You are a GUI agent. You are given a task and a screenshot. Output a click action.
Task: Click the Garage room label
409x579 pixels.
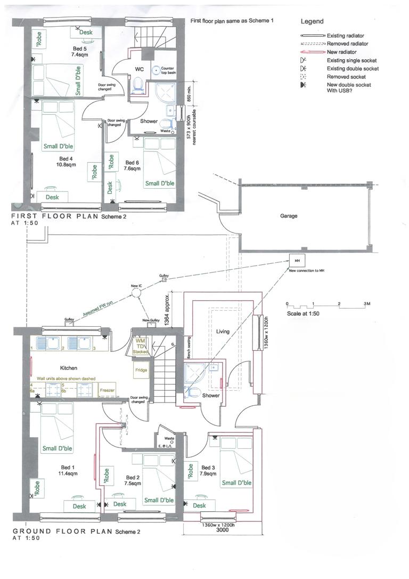289,216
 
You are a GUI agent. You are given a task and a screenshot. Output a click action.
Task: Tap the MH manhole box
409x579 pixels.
296,261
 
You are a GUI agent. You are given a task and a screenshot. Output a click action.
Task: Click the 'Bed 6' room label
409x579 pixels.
133,163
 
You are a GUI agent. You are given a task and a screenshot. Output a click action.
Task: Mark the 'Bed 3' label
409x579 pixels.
209,468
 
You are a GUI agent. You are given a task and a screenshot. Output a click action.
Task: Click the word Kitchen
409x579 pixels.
69,368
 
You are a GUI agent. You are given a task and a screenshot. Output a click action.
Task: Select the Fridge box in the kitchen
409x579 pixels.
141,369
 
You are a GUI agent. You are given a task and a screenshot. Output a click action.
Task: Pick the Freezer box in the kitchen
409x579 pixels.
107,391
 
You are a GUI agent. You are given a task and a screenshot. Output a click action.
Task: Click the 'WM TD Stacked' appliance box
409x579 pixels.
141,346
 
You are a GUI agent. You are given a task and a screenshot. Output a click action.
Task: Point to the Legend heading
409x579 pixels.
312,22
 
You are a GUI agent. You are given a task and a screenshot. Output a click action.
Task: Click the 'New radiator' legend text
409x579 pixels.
341,52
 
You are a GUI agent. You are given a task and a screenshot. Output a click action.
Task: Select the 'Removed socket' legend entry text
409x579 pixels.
345,77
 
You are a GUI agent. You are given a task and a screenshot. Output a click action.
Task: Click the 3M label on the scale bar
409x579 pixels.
366,303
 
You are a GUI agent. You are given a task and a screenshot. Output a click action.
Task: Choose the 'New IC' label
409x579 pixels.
136,286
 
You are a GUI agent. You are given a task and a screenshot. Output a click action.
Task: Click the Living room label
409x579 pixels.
223,331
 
